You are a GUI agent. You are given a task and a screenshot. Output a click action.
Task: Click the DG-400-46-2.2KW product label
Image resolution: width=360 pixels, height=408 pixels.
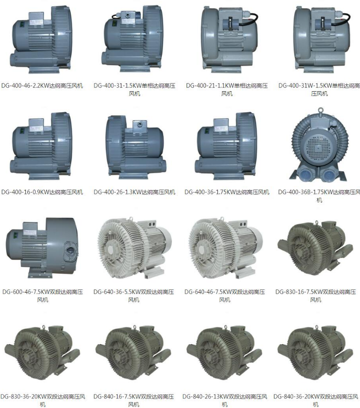(42, 85)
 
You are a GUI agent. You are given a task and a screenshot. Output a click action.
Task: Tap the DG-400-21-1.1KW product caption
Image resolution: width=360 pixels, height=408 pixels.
(227, 89)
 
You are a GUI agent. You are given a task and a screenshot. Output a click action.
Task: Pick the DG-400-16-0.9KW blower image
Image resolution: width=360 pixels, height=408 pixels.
(41, 146)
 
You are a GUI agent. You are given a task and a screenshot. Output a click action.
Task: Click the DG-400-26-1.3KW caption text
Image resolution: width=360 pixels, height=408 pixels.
(134, 192)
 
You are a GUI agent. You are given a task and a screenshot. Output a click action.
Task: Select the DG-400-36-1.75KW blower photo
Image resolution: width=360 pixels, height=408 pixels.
(226, 146)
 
